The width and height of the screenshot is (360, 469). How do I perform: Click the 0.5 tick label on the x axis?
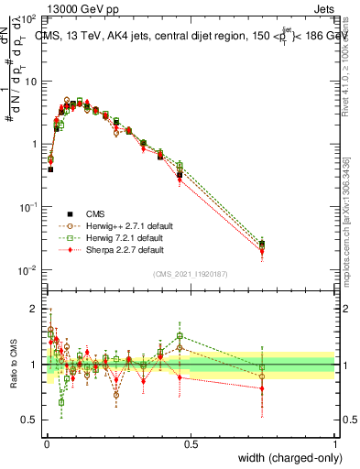point(190,444)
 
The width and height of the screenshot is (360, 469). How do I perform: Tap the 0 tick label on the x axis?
point(45,444)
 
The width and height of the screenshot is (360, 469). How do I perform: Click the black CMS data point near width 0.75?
point(262,245)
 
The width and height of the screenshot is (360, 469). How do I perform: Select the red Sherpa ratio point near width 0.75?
point(262,388)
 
